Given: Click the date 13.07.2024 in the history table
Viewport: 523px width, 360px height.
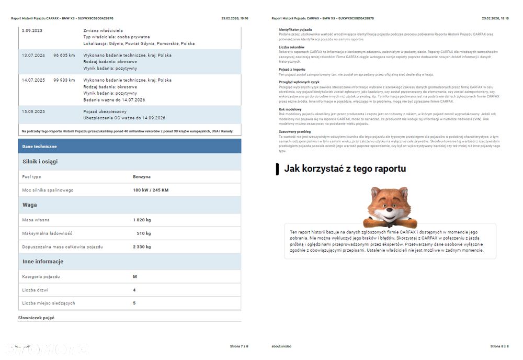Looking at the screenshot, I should tap(33, 55).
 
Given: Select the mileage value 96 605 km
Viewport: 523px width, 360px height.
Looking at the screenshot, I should tap(64, 55).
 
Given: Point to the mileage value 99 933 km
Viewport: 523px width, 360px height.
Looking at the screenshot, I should tap(64, 80).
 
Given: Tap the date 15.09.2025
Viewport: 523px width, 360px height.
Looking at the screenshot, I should tap(33, 111).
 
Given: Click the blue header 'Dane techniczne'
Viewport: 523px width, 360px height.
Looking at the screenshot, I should tap(39, 146).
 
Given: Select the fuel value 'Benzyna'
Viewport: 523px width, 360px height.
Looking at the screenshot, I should tap(142, 177).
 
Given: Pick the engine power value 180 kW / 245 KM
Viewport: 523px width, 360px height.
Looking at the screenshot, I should tap(151, 190).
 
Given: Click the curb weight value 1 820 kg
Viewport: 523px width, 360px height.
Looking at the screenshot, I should tap(142, 220).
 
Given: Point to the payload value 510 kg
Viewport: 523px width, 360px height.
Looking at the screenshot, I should tap(143, 233).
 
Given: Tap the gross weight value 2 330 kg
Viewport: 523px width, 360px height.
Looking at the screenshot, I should tap(142, 246).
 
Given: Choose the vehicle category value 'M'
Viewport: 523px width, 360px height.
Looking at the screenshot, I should tap(135, 276).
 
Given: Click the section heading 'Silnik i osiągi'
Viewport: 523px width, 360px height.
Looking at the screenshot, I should tap(40, 162).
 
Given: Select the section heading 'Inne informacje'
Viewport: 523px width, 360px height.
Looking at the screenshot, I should tap(43, 261).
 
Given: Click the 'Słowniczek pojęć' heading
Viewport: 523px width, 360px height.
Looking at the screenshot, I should tap(36, 318).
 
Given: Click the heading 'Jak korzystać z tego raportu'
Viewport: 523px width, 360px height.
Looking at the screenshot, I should tap(345, 168).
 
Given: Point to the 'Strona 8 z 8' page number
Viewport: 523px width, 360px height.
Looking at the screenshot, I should tap(499, 346).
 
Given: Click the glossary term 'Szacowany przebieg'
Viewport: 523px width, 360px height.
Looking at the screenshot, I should tap(295, 132).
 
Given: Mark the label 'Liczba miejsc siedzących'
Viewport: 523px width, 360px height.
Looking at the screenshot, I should tap(49, 303).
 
